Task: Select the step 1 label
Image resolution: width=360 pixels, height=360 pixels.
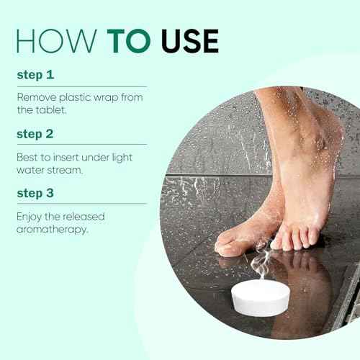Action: click(x=34, y=73)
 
